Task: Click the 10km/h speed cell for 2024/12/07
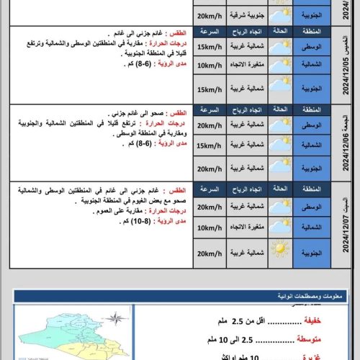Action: pyautogui.click(x=209, y=230)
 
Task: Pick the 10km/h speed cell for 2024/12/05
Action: pyautogui.click(x=209, y=66)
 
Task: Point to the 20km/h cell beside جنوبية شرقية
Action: pyautogui.click(x=209, y=14)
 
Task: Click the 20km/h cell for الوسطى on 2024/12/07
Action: pyautogui.click(x=209, y=207)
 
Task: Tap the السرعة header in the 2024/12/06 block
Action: pyautogui.click(x=209, y=113)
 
